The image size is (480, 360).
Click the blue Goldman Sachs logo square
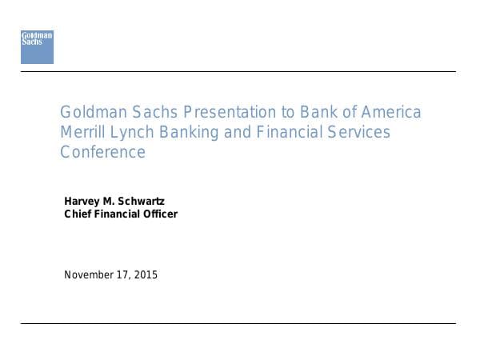(37, 47)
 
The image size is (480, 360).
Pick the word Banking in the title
(190, 132)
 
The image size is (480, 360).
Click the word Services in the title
(358, 132)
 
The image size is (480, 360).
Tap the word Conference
(102, 152)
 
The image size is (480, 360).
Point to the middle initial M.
(110, 201)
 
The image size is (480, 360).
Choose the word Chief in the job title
(78, 214)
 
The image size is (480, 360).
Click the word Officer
(159, 214)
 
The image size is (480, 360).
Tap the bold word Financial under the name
(117, 214)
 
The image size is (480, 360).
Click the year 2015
(146, 275)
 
